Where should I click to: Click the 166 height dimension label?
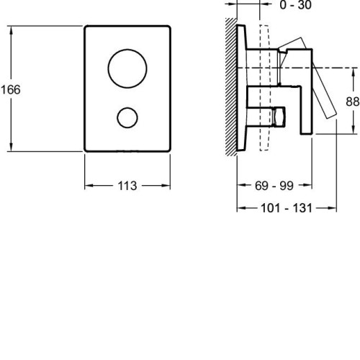11,89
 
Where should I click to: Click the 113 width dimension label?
127,186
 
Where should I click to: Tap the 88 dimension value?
353,102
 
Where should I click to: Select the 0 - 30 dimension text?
296,5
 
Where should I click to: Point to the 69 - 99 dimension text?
274,186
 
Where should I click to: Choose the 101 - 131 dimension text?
287,208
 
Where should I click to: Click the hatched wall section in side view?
231,87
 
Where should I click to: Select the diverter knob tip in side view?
279,117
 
